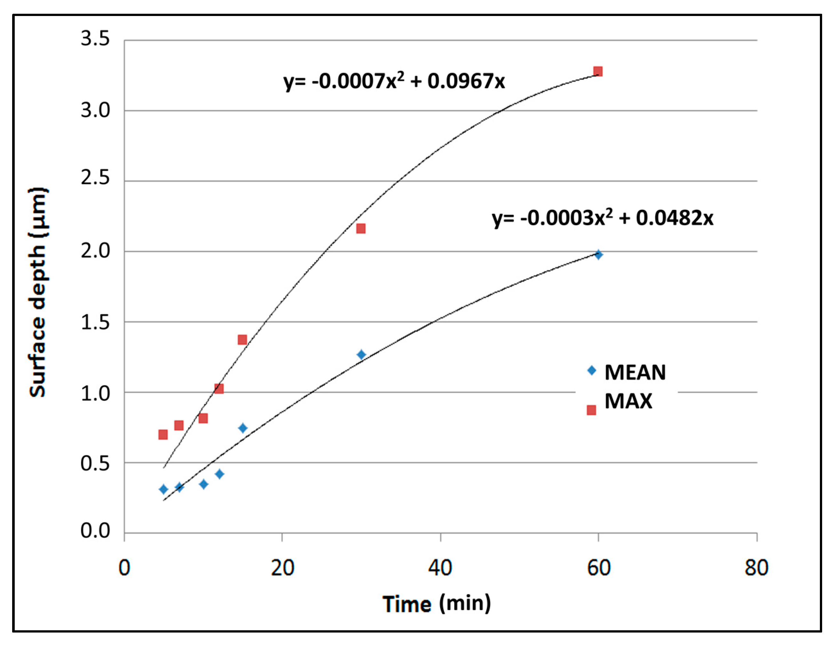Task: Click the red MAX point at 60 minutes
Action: (598, 71)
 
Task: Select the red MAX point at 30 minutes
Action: (361, 228)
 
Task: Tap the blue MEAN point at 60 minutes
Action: (598, 255)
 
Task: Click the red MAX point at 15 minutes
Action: (242, 339)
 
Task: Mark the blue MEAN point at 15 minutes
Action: (243, 428)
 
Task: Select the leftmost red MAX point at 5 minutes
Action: (163, 434)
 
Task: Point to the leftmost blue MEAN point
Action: (163, 489)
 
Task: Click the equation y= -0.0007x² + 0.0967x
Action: (394, 81)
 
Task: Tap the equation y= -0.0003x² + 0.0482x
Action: (602, 218)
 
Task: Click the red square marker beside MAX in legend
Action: (591, 410)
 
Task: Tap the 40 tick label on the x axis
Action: (440, 568)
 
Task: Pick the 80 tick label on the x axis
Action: (756, 568)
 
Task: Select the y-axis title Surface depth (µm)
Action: (38, 292)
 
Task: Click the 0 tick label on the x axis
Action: (124, 568)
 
